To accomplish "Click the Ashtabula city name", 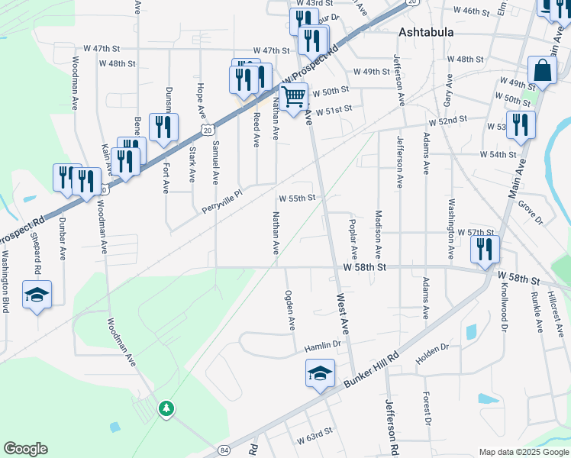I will coord(426,33).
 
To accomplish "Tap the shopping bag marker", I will coord(541,70).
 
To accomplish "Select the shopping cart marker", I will coord(293,97).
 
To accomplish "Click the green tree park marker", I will coord(166,409).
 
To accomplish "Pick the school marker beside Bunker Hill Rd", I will coord(321,373).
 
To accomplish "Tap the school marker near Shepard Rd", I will coord(36,295).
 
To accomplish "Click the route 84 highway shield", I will coord(222,450).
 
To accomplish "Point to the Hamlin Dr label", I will coord(321,347).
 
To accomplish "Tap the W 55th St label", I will coord(297,198).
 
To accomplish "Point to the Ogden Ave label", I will coord(290,310).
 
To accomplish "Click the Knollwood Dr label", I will coord(504,309).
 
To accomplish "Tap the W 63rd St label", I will coord(315,432).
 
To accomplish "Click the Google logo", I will coord(25,449).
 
